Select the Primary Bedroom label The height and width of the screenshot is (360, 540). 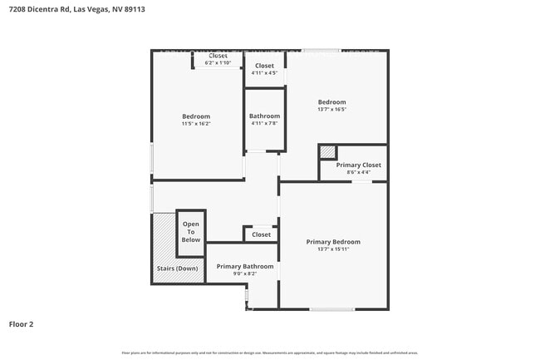click(333, 242)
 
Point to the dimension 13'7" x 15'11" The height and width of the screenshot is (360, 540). click(333, 249)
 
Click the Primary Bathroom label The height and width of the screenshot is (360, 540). click(245, 266)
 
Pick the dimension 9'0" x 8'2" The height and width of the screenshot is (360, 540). click(245, 274)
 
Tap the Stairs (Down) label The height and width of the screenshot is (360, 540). click(178, 269)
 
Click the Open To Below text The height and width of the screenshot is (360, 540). click(191, 232)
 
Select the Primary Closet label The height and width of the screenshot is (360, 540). click(358, 165)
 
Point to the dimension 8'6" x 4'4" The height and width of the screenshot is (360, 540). click(358, 172)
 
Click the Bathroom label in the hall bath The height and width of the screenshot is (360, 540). click(265, 116)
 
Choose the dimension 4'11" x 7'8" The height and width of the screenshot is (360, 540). click(265, 124)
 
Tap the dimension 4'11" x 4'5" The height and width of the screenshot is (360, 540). click(264, 73)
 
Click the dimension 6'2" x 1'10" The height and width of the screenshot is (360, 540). click(218, 63)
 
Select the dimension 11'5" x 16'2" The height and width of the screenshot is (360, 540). click(196, 124)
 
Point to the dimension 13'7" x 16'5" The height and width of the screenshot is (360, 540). click(331, 109)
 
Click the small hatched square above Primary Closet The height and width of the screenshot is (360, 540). click(328, 151)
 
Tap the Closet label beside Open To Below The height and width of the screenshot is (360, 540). click(261, 234)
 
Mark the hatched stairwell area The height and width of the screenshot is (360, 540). click(164, 237)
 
